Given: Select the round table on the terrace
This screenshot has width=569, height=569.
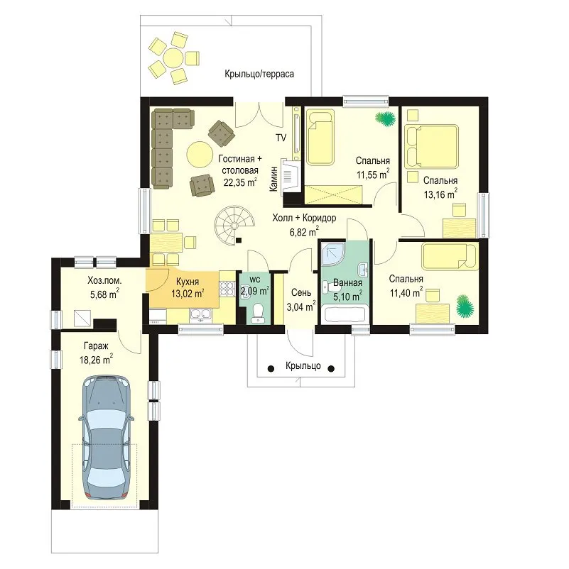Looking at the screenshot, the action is click(173, 57).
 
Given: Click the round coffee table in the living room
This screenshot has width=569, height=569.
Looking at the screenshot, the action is click(200, 154).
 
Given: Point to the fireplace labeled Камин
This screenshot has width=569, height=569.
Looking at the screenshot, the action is click(291, 176).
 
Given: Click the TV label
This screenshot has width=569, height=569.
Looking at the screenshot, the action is click(281, 138).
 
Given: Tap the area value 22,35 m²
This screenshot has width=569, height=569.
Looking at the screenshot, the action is click(240, 182).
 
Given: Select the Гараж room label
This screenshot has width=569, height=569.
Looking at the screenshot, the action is click(96, 346).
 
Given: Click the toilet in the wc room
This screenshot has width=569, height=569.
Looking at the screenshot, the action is click(258, 313).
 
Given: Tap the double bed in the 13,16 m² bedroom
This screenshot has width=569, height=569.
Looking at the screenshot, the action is click(431, 147).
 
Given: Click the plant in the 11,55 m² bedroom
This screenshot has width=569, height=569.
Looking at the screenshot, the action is click(385, 118).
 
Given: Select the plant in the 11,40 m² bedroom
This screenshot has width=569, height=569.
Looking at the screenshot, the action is click(465, 306).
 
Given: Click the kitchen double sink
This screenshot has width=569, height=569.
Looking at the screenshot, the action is click(200, 315).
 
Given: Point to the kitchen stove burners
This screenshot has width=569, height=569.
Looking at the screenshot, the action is click(227, 289).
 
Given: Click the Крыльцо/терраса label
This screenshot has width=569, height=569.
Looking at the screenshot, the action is click(259, 74).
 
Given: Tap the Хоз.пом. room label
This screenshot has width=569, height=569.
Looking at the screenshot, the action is click(104, 280).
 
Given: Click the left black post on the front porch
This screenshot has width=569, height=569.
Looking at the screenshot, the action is click(271, 369).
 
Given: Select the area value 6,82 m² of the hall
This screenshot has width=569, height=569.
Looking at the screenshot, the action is click(304, 231).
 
